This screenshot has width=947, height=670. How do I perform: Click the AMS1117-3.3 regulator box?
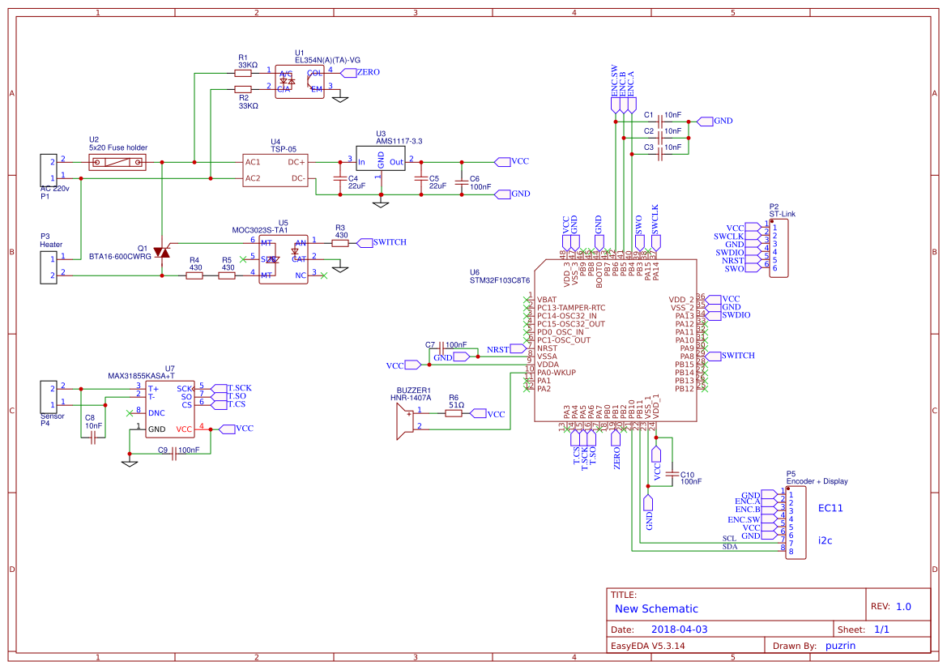[381, 161]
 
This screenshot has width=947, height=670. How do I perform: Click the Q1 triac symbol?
[163, 252]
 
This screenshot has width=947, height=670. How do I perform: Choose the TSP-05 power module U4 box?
[276, 170]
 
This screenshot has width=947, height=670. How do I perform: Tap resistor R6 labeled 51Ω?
[454, 413]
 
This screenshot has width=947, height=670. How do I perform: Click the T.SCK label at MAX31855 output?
[239, 388]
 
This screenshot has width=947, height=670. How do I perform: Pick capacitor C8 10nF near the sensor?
[94, 437]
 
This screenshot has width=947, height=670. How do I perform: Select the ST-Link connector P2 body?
[779, 248]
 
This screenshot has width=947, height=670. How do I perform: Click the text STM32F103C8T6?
[500, 280]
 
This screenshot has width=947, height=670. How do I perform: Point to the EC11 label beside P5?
[830, 509]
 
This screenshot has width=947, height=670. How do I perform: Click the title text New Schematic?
[656, 608]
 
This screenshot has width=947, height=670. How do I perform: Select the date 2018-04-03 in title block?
[679, 629]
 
